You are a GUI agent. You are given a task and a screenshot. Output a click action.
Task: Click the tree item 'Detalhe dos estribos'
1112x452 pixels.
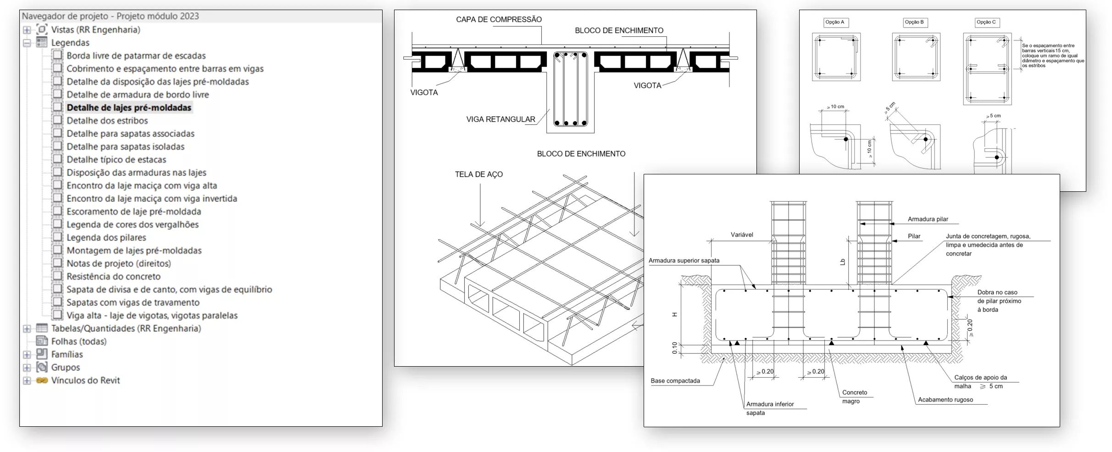107,121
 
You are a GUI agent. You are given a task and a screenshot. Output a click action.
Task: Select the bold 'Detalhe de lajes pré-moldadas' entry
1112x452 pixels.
128,108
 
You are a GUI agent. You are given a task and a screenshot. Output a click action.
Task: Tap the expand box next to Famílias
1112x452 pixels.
27,355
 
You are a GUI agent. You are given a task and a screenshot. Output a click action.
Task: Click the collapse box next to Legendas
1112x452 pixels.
27,43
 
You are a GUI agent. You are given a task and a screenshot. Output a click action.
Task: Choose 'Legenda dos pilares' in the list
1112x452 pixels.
106,238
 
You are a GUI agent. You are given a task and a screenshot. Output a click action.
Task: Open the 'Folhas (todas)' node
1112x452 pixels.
78,341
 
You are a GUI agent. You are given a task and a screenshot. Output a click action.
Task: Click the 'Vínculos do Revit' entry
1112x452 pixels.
85,380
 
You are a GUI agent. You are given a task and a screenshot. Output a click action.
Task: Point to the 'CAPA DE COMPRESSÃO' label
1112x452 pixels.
499,20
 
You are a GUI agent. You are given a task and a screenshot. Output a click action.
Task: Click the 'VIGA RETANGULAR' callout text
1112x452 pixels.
500,119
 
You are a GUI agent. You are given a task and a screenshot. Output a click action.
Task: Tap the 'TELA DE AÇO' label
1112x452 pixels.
478,174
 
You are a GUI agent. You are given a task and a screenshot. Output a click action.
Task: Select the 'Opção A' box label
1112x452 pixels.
834,22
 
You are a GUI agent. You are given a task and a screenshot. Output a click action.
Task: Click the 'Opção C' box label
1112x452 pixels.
986,22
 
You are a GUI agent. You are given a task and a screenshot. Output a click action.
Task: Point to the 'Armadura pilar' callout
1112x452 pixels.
928,219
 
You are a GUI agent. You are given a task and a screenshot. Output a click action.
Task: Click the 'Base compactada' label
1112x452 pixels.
675,381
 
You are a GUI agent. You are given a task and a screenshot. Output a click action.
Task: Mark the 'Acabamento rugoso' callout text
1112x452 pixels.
945,400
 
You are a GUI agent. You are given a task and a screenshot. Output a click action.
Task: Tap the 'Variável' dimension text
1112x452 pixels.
742,235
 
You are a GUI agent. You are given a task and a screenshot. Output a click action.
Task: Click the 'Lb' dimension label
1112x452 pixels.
842,262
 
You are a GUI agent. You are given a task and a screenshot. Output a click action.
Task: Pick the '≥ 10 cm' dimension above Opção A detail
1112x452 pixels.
835,106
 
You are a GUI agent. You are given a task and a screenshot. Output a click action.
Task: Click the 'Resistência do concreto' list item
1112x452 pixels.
113,277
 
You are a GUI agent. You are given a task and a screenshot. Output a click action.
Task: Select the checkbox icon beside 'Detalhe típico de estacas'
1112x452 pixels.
57,159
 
